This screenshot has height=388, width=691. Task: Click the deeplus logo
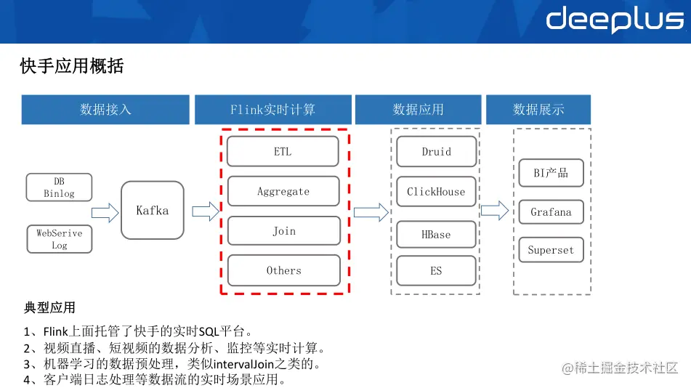[615, 20]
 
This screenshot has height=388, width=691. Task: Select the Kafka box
[153, 211]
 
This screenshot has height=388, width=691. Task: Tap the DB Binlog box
[59, 187]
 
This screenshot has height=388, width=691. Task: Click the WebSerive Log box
[60, 239]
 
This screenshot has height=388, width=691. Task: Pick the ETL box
[283, 152]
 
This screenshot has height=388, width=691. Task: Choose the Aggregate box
[283, 191]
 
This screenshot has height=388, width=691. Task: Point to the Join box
[283, 231]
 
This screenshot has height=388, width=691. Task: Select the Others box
[283, 270]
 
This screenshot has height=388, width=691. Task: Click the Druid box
[436, 152]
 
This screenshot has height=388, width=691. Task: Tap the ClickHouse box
[436, 192]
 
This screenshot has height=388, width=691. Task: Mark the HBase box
[436, 235]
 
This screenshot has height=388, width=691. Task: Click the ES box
[436, 270]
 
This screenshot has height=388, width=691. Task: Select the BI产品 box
[551, 173]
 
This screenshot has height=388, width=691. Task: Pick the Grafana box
[551, 212]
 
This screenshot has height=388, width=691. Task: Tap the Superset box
[551, 250]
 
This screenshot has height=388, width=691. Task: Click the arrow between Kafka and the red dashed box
[206, 211]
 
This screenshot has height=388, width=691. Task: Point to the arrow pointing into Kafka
[105, 213]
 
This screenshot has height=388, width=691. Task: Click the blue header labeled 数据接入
[105, 110]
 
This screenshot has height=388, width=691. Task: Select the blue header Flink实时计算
[273, 110]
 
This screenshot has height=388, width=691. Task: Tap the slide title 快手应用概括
[72, 67]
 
